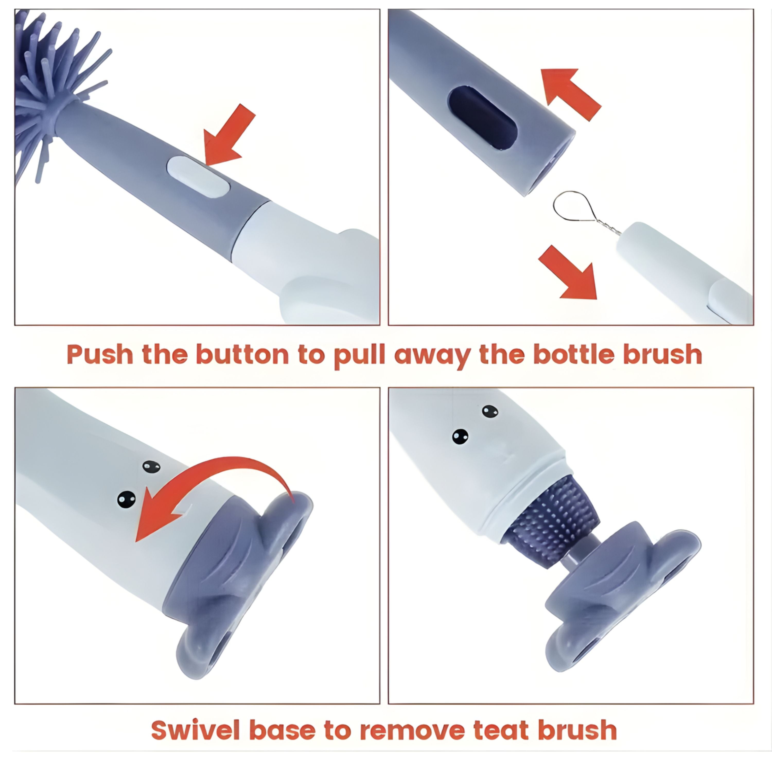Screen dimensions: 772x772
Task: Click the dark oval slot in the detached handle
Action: tap(483, 118)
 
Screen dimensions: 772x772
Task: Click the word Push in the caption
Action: tap(100, 354)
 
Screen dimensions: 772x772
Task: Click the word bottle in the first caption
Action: tap(573, 354)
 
